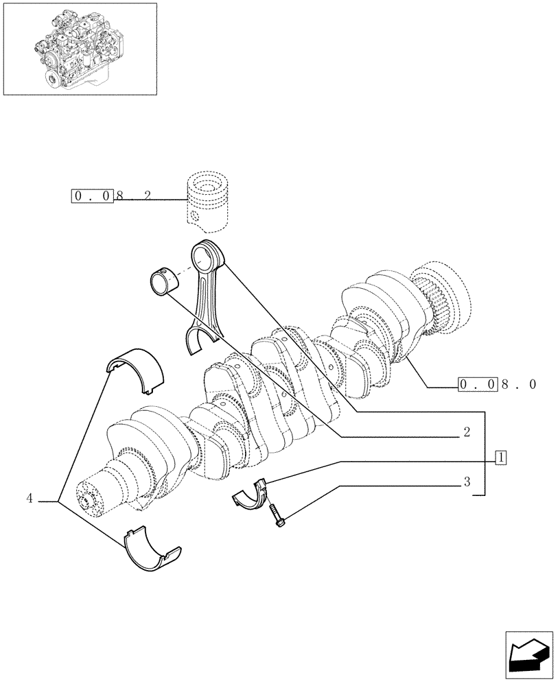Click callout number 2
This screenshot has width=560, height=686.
coord(466,432)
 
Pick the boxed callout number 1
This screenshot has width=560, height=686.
coord(501,457)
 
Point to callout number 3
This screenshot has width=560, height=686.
coord(466,482)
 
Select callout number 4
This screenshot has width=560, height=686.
coord(30,499)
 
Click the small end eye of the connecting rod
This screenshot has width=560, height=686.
coord(207,257)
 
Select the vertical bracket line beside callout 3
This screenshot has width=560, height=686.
coord(486,453)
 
